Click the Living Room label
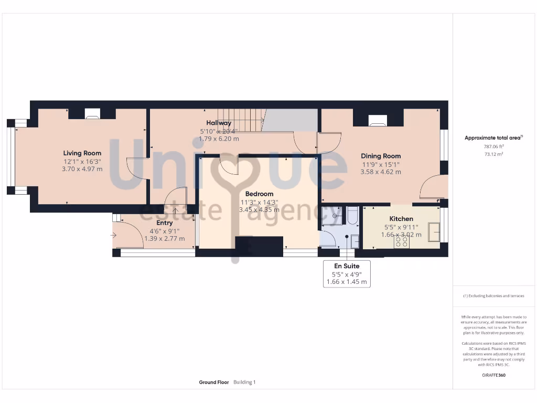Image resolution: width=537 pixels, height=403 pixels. click(82, 153)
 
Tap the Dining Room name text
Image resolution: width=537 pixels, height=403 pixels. click(380, 156)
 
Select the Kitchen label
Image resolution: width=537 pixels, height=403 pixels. click(401, 219)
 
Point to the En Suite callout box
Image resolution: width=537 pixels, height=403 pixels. click(347, 274)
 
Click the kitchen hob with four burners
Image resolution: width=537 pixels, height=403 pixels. click(402, 241)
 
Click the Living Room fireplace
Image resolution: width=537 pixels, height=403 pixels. click(92, 113)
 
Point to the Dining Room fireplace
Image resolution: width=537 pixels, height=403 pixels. click(377, 120)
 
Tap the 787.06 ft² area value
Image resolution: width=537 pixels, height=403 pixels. click(493, 147)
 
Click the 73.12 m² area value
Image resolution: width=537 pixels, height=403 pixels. click(493, 155)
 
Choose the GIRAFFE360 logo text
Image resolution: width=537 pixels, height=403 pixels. click(493, 375)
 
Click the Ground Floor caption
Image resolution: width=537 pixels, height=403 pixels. click(213, 383)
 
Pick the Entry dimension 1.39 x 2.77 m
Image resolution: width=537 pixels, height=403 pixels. click(165, 238)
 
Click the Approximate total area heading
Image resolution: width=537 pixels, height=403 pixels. click(493, 138)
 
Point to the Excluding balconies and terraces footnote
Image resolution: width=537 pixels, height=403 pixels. click(493, 296)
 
